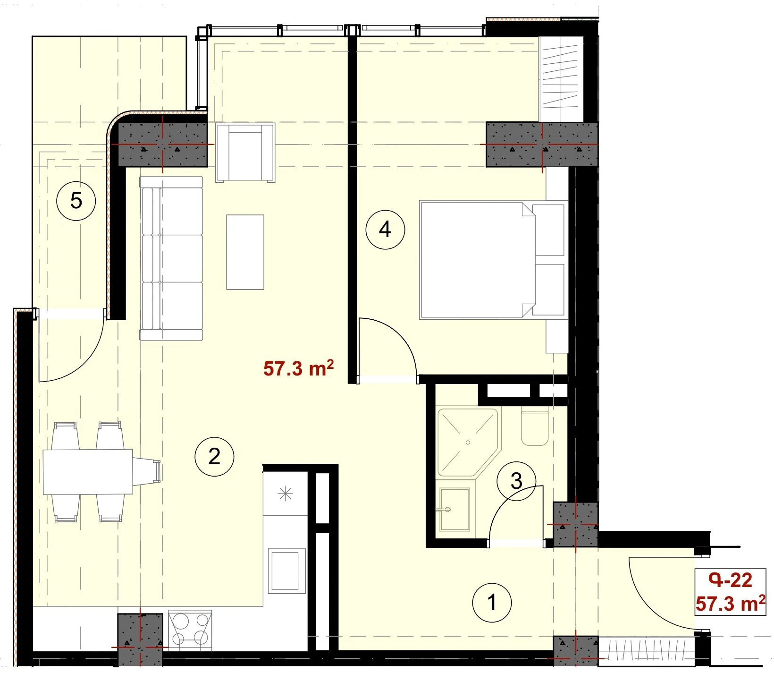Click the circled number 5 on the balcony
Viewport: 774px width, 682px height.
(76, 201)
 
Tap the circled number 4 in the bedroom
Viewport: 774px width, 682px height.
(385, 230)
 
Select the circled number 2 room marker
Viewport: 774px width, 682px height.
(214, 456)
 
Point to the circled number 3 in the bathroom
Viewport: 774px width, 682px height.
(516, 481)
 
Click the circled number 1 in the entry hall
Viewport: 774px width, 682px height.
(492, 602)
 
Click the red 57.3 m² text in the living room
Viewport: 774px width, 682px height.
(298, 368)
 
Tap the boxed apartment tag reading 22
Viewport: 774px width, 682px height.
(730, 592)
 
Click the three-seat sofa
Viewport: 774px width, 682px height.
(171, 258)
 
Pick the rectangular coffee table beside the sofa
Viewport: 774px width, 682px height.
(245, 252)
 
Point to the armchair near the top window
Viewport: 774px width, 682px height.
(245, 152)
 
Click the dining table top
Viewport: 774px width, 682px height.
(88, 471)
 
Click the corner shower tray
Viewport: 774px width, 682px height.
(468, 442)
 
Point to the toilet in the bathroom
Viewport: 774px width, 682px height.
(535, 427)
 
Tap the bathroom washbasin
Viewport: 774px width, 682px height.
(454, 509)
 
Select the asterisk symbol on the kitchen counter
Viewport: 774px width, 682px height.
(285, 494)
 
